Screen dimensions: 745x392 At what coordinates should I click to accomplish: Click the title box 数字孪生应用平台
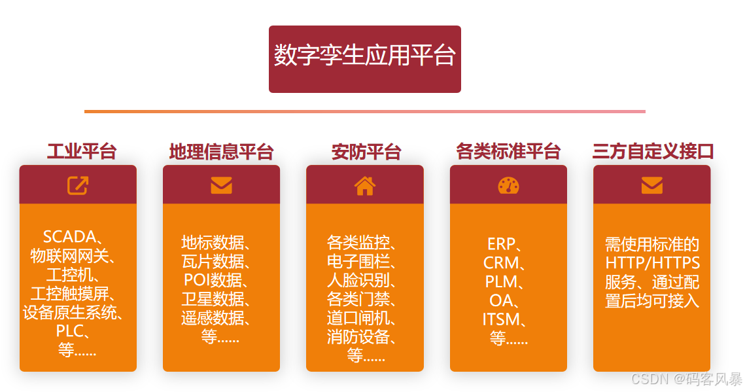[364, 58]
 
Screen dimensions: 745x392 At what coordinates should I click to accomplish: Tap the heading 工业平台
[82, 152]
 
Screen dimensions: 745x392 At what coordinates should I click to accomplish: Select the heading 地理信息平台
[221, 152]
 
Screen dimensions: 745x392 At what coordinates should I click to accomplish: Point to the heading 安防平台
[366, 152]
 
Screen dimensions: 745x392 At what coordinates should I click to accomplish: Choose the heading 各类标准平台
[508, 152]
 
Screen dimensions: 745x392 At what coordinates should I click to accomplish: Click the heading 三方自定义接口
[652, 152]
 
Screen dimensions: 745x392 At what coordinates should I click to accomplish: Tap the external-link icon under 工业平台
[78, 185]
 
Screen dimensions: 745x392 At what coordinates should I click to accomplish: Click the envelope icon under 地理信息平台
[221, 186]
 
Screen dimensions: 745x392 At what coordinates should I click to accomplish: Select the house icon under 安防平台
[365, 186]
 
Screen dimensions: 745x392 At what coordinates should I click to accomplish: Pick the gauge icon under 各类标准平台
[508, 186]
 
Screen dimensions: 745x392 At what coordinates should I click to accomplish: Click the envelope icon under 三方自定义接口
[651, 186]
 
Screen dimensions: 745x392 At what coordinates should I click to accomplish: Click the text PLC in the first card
[71, 331]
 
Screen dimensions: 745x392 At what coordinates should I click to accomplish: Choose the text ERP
[501, 244]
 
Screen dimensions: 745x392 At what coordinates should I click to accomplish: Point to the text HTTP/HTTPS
[653, 263]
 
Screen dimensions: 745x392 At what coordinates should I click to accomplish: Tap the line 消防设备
[358, 338]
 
